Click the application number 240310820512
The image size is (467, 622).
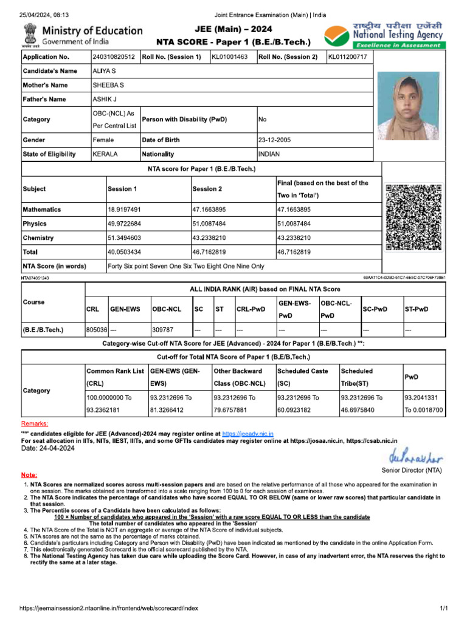point(114,57)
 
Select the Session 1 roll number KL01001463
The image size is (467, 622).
point(229,57)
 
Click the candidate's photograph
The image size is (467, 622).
point(407,106)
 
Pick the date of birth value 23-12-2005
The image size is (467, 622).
point(275,140)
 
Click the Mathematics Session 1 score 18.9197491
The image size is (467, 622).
point(124,210)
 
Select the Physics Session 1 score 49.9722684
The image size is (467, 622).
point(124,224)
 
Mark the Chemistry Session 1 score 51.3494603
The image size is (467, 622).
point(124,238)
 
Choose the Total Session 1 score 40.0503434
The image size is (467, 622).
point(124,252)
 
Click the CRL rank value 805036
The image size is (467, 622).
point(97,330)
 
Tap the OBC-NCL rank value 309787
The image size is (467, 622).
point(162,330)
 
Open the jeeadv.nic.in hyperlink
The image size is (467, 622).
point(247,434)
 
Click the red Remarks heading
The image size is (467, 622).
point(35,423)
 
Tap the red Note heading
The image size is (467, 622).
point(29,474)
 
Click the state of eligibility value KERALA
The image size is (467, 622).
point(105,154)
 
